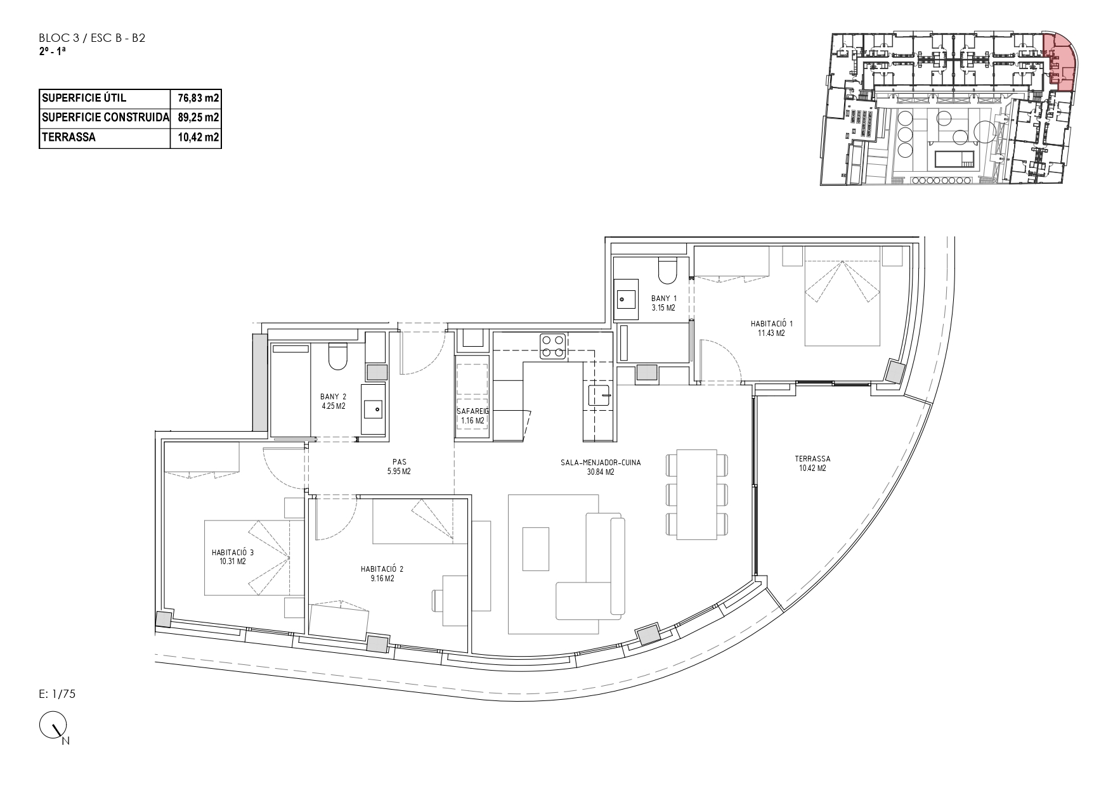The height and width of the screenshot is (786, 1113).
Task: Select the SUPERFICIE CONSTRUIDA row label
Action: point(105,117)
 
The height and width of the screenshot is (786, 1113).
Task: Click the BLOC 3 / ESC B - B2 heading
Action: point(93,38)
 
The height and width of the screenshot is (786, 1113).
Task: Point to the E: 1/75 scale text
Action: point(57,693)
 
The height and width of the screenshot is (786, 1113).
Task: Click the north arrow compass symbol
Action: point(54,726)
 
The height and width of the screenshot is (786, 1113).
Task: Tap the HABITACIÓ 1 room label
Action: point(772,323)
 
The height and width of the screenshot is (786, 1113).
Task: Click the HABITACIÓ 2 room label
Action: point(382,569)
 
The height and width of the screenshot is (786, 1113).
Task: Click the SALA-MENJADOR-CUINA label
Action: point(601,463)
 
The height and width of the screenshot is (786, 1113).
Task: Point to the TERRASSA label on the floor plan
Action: point(812,459)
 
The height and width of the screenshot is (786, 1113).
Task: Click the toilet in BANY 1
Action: point(668,271)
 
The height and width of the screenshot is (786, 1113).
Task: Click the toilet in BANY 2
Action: point(337,357)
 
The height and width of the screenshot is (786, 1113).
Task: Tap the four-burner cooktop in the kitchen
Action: point(552,347)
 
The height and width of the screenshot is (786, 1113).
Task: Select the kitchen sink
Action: point(599,395)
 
